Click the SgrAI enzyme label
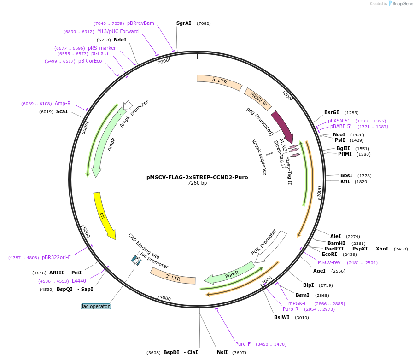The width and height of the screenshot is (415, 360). [184, 23]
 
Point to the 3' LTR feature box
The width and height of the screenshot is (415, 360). [173, 276]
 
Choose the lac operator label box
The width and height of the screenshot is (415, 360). [96, 306]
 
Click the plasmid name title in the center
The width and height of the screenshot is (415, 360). [197, 177]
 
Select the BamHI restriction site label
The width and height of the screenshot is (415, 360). [336, 243]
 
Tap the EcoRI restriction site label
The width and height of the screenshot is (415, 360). [329, 254]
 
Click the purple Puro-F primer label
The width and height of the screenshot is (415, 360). [243, 344]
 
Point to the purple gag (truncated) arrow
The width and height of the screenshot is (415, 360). [282, 126]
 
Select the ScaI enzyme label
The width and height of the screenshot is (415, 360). [62, 111]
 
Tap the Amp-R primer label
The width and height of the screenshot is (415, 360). [63, 103]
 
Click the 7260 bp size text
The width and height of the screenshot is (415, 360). [197, 183]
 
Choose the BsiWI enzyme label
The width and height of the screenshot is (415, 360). [282, 317]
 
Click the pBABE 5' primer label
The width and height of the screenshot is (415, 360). [340, 126]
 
